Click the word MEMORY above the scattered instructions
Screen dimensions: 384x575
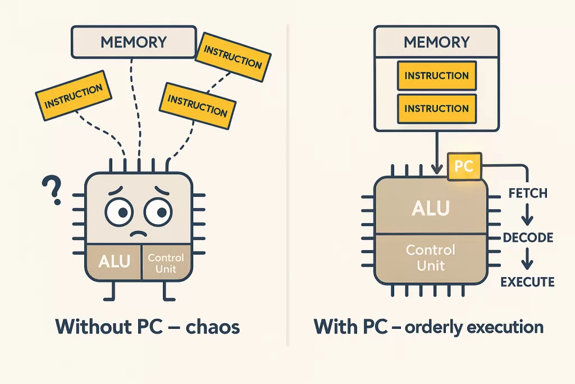pos(133,42)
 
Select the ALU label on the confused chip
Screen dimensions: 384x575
pos(114,261)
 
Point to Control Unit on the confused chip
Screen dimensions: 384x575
pos(166,263)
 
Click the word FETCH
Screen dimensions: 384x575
pos(527,193)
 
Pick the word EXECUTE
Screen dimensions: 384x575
pos(527,282)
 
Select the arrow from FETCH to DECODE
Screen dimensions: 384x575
pos(527,215)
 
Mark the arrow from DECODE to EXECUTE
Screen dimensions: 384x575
pos(527,260)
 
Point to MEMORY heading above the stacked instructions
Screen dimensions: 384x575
pos(436,42)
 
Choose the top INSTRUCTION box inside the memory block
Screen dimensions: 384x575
pos(436,76)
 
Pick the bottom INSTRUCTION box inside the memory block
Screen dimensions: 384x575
pos(436,109)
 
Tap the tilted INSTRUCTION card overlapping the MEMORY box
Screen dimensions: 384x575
pos(232,57)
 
